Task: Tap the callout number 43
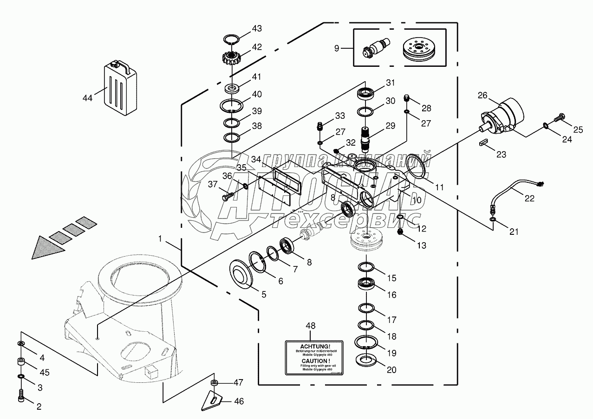[257, 29]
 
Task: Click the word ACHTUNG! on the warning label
[308, 346]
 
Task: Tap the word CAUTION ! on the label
[309, 361]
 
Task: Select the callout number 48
[310, 326]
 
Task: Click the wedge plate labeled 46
[213, 398]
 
